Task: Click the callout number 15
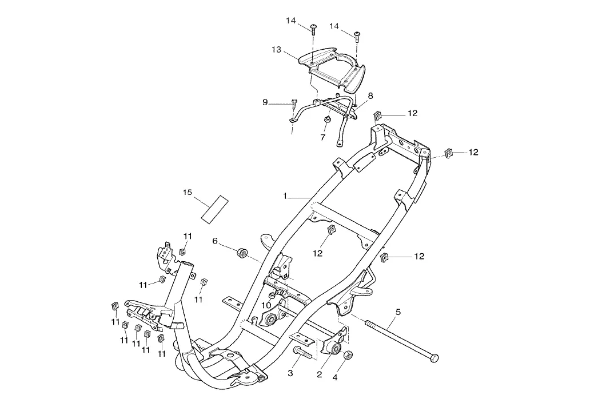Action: (188, 192)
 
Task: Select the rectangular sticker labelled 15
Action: (215, 209)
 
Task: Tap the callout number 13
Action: (277, 49)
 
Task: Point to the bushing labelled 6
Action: (242, 253)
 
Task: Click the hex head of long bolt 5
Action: (434, 358)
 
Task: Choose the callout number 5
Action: (398, 312)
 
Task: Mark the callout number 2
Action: (320, 374)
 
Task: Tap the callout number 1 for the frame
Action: (285, 196)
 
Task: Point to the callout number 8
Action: (370, 95)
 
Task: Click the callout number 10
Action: (266, 305)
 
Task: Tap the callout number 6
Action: (215, 241)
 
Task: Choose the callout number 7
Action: (322, 137)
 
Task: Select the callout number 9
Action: (265, 102)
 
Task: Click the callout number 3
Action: (290, 373)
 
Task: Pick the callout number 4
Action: (335, 377)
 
